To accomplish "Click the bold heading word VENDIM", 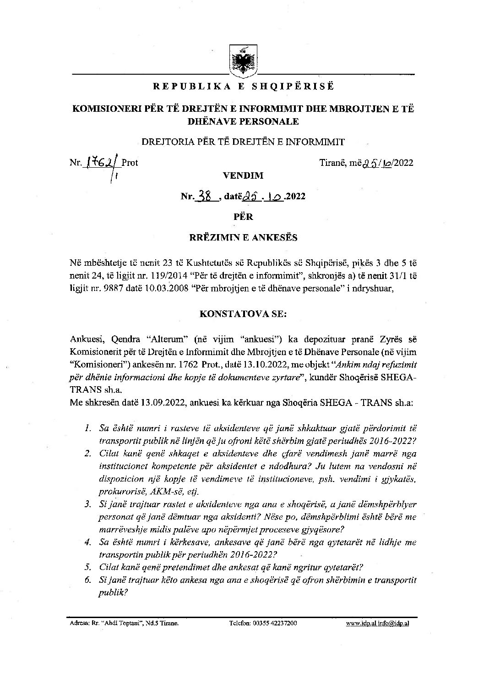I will tap(243, 175).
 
